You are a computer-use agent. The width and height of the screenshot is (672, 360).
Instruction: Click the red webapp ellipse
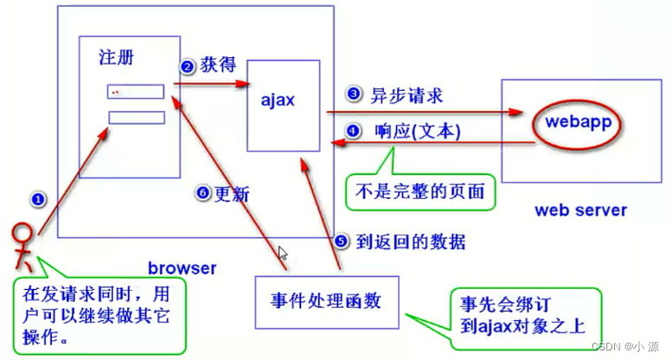pos(578,122)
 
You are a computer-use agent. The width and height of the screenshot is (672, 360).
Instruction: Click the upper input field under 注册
pos(136,91)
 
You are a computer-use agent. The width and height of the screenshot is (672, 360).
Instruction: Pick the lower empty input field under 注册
pos(136,118)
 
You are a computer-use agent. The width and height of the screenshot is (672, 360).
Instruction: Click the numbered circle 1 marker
pos(37,198)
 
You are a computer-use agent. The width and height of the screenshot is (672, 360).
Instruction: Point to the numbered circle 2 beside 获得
pos(187,67)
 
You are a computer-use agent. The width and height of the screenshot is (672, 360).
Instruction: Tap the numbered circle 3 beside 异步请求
pos(352,93)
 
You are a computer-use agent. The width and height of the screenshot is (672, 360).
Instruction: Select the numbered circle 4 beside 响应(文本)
pos(352,132)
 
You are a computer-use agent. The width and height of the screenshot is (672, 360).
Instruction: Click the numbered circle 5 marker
pos(341,241)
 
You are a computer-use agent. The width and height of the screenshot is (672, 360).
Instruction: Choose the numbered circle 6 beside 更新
pos(202,194)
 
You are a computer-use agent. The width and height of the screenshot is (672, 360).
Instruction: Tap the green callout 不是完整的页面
pos(421,189)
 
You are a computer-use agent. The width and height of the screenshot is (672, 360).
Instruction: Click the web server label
pos(580,209)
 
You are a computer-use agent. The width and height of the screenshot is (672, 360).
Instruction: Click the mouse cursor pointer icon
pos(282,254)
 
